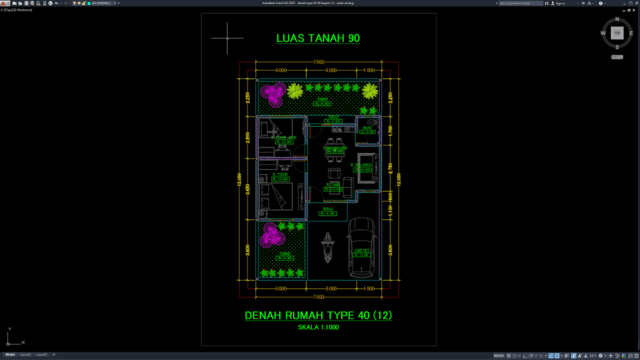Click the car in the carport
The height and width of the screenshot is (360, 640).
[361, 251]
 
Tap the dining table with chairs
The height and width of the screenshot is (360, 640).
[333, 156]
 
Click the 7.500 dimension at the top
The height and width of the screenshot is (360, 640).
[318, 63]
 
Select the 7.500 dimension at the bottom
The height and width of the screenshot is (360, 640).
[318, 296]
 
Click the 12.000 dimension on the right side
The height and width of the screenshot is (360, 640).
[400, 180]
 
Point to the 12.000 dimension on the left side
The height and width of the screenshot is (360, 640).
[239, 180]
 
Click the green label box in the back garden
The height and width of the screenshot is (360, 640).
[321, 100]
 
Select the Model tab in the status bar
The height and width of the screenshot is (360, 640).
[10, 354]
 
